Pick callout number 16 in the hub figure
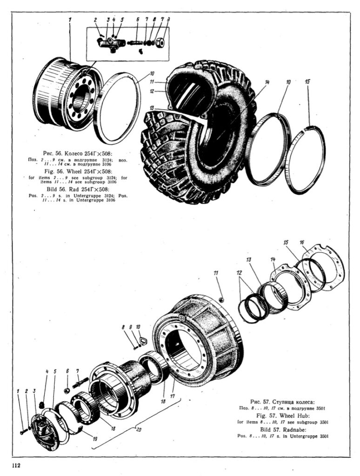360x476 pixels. (302, 242)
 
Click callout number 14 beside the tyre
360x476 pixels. (267, 82)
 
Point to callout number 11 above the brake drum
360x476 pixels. (215, 273)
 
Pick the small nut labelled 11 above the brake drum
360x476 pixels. (221, 300)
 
